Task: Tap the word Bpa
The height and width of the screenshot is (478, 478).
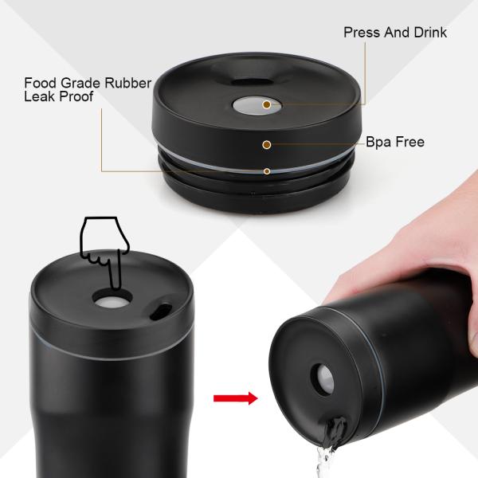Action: point(379,143)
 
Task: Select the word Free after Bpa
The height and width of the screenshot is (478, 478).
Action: point(410,143)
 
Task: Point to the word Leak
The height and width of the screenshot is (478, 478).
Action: point(39,96)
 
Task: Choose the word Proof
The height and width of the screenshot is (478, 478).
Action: point(76,96)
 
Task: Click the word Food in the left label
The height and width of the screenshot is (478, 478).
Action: point(40,82)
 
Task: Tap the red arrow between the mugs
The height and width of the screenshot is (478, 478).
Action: point(237,398)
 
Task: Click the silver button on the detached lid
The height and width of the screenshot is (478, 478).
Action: point(255,105)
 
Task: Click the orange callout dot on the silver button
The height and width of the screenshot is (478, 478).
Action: point(267,104)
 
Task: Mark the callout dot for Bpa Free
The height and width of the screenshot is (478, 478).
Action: point(267,144)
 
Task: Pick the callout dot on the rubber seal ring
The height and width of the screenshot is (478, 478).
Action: point(267,170)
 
